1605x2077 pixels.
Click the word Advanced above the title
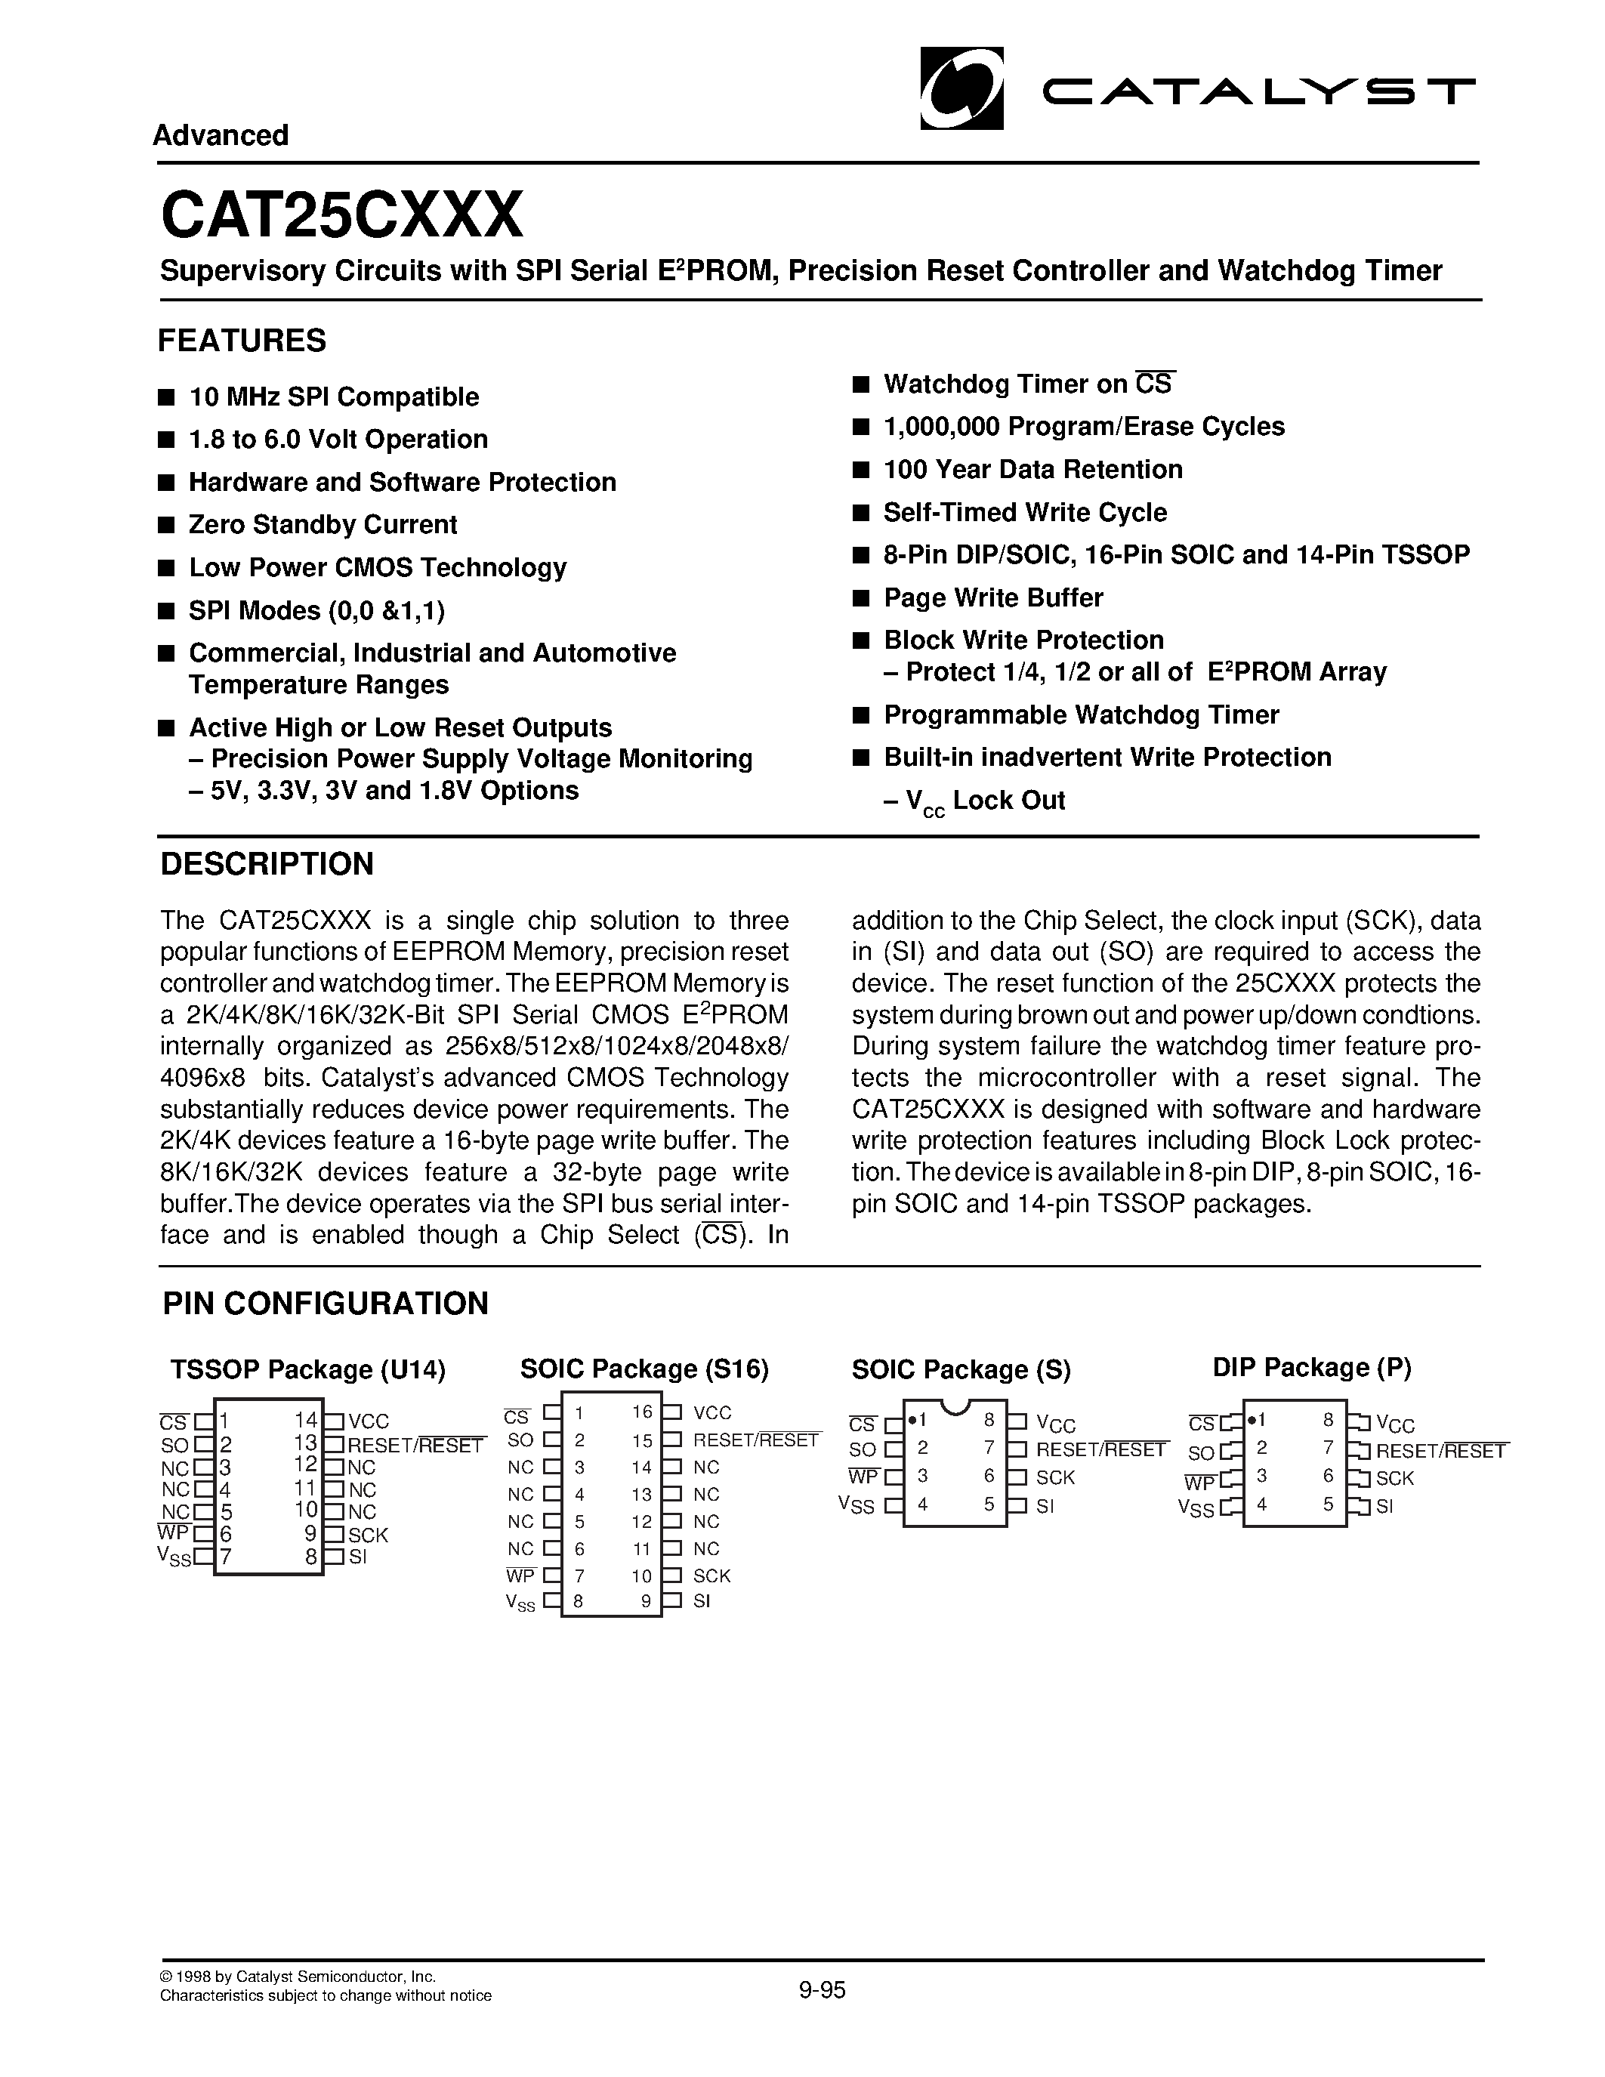tap(221, 135)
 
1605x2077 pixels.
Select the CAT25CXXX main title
tap(341, 215)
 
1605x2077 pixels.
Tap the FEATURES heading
tap(242, 341)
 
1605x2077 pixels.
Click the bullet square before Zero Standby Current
tap(166, 525)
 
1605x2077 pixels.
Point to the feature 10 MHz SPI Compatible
tap(333, 397)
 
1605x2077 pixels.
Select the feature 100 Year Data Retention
tap(1032, 470)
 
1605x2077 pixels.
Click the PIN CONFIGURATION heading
tap(326, 1303)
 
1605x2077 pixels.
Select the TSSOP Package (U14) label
tap(307, 1369)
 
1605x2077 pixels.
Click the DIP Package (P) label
tap(1311, 1368)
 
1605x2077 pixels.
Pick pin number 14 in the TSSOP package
tap(305, 1421)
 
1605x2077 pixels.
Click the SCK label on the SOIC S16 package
tap(711, 1575)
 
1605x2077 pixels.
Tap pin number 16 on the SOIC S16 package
tap(642, 1412)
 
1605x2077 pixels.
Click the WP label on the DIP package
tap(1200, 1483)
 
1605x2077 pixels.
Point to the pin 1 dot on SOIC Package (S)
tap(911, 1420)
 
